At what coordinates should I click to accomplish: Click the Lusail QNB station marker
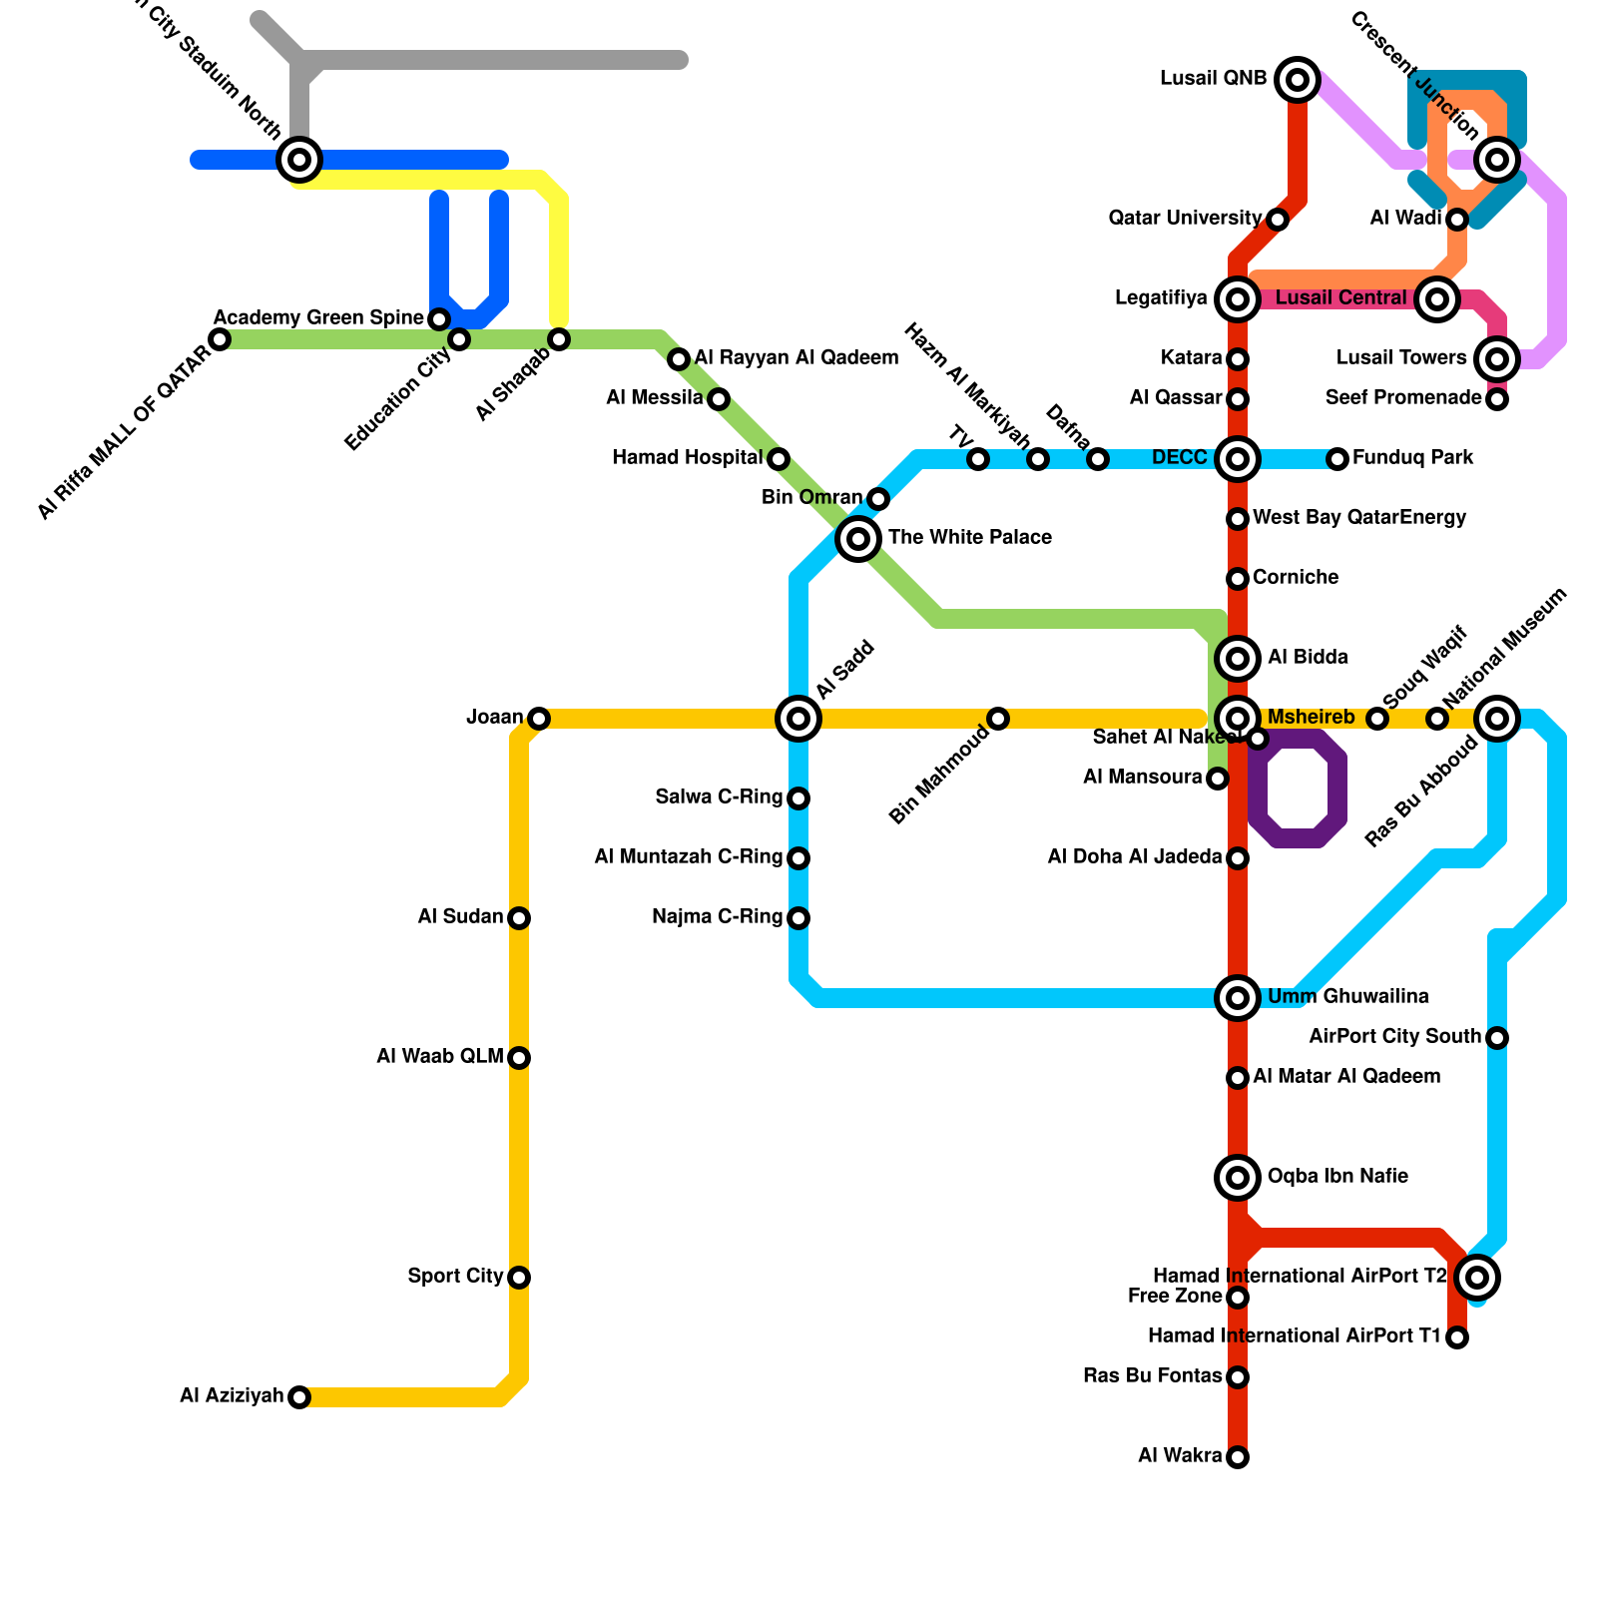[x=1298, y=79]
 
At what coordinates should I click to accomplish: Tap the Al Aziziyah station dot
[x=299, y=1397]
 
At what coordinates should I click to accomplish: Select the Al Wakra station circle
[x=1238, y=1457]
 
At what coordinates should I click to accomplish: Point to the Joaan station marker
[x=539, y=719]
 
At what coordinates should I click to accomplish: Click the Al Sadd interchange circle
[x=798, y=719]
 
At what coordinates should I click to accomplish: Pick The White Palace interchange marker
[x=858, y=539]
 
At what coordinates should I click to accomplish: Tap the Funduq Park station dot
[x=1337, y=459]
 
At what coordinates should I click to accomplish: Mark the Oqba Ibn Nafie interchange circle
[x=1238, y=1178]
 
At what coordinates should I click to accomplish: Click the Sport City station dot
[x=519, y=1278]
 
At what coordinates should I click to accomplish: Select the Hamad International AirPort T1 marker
[x=1457, y=1337]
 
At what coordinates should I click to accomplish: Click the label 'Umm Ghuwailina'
[x=1347, y=997]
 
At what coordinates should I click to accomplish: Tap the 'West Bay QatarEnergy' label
[x=1359, y=518]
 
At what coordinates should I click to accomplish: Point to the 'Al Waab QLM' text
[x=439, y=1057]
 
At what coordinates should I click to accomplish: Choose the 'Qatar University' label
[x=1185, y=219]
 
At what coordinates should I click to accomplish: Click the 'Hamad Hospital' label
[x=687, y=458]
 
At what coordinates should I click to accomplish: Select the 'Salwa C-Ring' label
[x=719, y=798]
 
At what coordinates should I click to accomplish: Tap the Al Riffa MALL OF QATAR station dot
[x=220, y=339]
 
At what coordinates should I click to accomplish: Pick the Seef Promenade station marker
[x=1497, y=399]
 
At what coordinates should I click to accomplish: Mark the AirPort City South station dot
[x=1497, y=1038]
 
